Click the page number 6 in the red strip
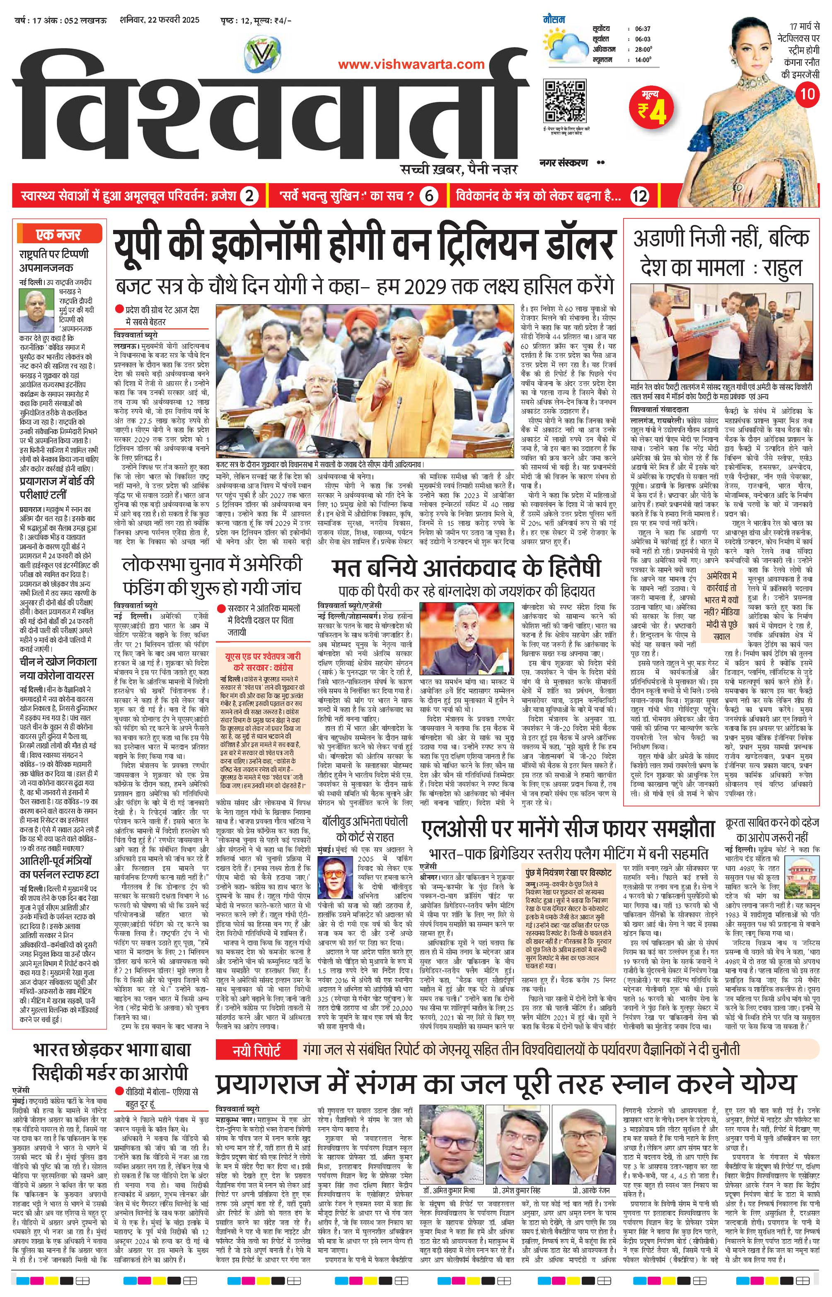point(427,196)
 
